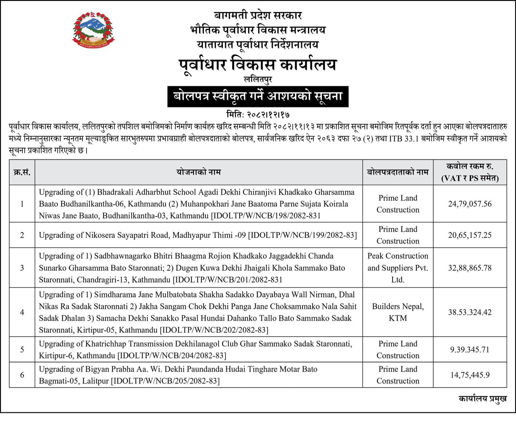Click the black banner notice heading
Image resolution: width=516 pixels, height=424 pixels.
pyautogui.click(x=258, y=96)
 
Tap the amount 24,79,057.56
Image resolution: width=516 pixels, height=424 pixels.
pyautogui.click(x=470, y=204)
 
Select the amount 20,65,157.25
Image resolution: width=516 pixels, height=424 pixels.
pyautogui.click(x=470, y=235)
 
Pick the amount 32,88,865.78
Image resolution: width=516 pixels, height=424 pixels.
pyautogui.click(x=470, y=268)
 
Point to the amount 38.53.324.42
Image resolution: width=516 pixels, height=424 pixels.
pyautogui.click(x=470, y=312)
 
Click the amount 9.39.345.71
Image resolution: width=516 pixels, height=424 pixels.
pyautogui.click(x=470, y=350)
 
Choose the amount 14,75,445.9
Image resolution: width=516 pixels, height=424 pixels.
pyautogui.click(x=470, y=375)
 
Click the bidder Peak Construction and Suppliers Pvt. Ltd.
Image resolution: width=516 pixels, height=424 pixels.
pyautogui.click(x=398, y=268)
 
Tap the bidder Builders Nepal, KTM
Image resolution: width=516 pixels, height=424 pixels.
pyautogui.click(x=398, y=312)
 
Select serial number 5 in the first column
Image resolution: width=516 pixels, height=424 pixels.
pyautogui.click(x=22, y=350)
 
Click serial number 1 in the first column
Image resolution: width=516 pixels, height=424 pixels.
pyautogui.click(x=22, y=204)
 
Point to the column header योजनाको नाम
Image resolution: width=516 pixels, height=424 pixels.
pyautogui.click(x=198, y=172)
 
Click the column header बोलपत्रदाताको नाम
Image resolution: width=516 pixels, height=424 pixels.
pyautogui.click(x=398, y=172)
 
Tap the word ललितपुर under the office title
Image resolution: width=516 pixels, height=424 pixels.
pyautogui.click(x=258, y=79)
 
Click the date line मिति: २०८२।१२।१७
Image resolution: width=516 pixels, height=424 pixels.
pyautogui.click(x=258, y=115)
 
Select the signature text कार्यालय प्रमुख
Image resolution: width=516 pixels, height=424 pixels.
pyautogui.click(x=482, y=399)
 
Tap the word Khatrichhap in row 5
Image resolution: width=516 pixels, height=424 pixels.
pyautogui.click(x=104, y=344)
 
